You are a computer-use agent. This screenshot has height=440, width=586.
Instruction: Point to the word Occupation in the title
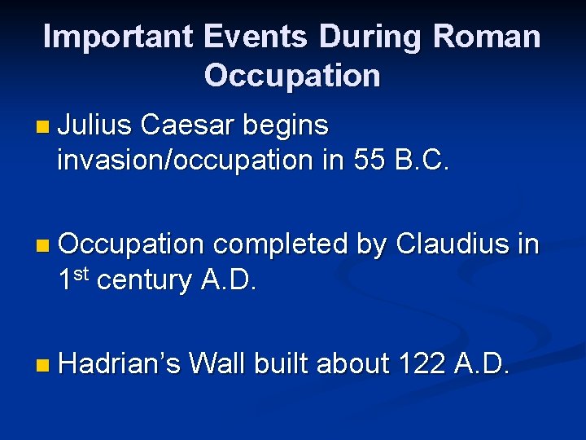292,75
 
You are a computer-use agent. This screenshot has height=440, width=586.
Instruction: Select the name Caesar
186,125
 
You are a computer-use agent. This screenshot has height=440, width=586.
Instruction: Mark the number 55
370,160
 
